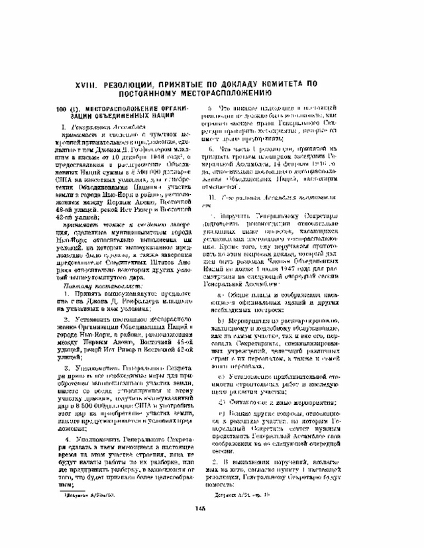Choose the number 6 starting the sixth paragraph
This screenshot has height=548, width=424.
[x=211, y=150]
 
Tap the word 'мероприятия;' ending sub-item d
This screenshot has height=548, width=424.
[x=305, y=402]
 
